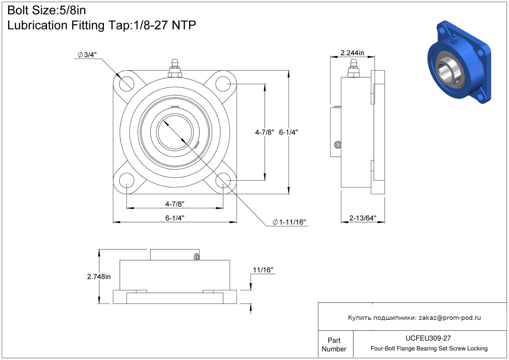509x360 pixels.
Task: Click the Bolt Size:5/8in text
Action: [47, 10]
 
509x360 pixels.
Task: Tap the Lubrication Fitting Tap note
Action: [102, 25]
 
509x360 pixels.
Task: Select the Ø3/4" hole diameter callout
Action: [87, 55]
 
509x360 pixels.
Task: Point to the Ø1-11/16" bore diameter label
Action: [289, 222]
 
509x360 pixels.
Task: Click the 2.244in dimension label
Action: [352, 53]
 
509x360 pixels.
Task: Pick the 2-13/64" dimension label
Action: [363, 218]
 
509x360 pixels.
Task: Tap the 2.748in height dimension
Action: [99, 277]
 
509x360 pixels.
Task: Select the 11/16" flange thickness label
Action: [263, 270]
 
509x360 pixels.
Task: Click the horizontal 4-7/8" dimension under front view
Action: [175, 204]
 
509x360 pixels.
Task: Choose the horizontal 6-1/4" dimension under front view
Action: [175, 218]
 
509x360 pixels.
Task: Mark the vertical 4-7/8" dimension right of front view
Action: [265, 132]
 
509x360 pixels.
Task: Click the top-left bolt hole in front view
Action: [127, 84]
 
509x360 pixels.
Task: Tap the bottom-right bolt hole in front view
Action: [223, 180]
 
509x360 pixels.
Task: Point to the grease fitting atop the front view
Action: [175, 68]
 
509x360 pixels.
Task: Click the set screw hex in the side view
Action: [338, 145]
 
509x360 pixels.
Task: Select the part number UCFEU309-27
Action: [428, 338]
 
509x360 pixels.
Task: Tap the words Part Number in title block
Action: [334, 345]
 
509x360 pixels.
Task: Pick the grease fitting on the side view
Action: [353, 68]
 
